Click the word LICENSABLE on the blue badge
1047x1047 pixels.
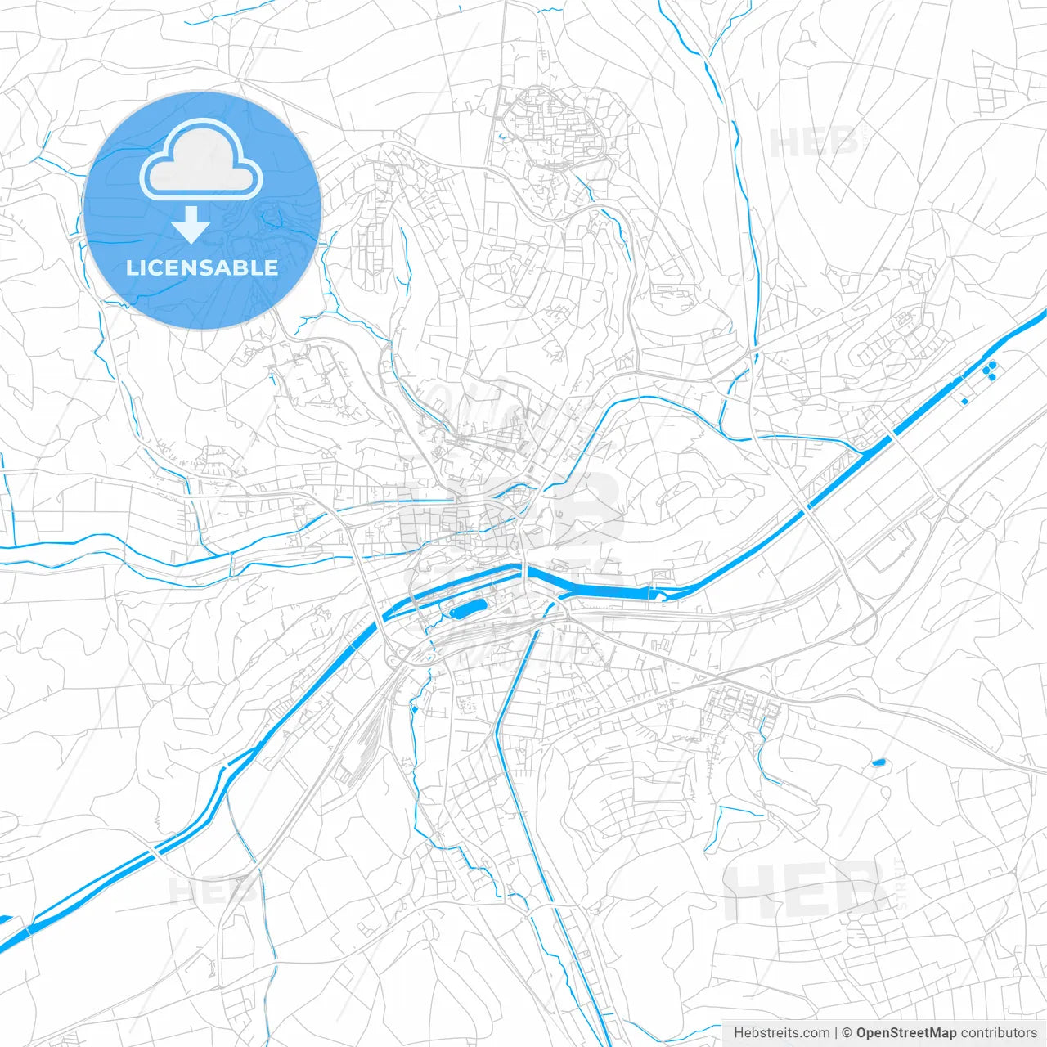(x=202, y=267)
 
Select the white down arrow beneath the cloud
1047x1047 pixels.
(x=191, y=225)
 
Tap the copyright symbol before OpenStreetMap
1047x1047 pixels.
(x=847, y=1033)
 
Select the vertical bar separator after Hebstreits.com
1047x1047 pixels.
(x=836, y=1033)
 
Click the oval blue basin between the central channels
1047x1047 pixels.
(x=468, y=608)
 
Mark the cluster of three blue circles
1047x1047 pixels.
(x=990, y=371)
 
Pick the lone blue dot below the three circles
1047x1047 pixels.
(x=964, y=401)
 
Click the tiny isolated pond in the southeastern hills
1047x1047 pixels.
(x=878, y=762)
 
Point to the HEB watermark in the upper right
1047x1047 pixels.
(x=814, y=143)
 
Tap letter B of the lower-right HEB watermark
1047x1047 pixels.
(x=856, y=892)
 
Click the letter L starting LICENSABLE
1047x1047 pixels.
(x=131, y=267)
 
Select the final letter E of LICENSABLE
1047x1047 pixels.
(x=272, y=267)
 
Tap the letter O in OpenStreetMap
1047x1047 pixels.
(x=862, y=1033)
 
